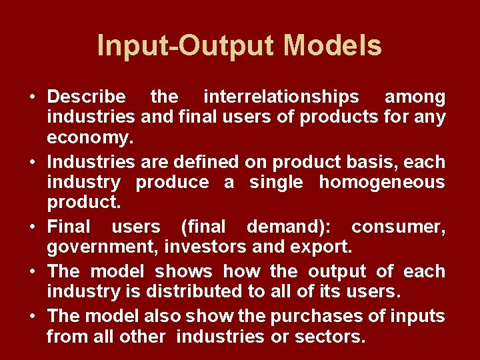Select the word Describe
point(86,97)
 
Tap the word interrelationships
point(281,97)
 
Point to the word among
point(415,97)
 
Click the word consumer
point(398,227)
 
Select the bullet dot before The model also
point(33,315)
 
